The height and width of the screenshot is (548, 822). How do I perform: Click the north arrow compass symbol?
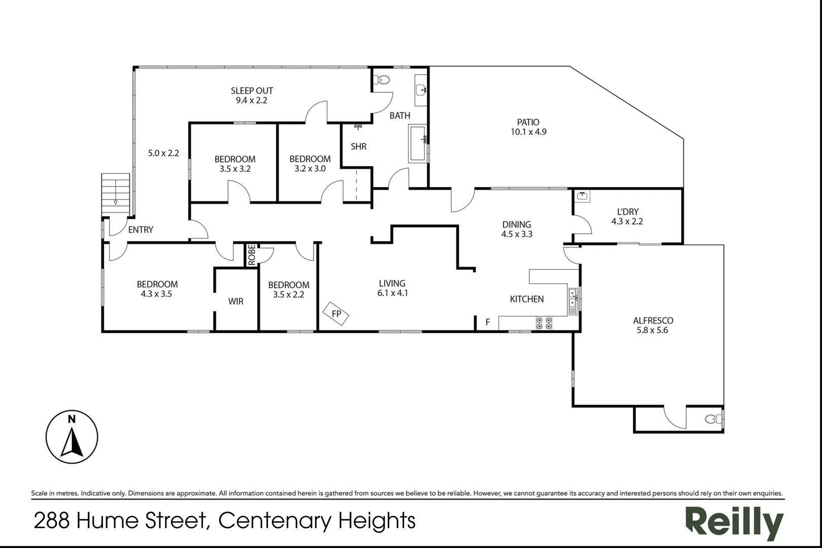[x=72, y=437]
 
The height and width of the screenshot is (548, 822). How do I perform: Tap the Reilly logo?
[x=735, y=524]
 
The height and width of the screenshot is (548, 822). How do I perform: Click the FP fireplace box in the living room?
[x=336, y=313]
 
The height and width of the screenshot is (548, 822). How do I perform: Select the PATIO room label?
[x=528, y=122]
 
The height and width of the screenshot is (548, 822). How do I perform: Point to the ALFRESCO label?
[x=653, y=321]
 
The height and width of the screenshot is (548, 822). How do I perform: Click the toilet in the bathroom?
[x=382, y=79]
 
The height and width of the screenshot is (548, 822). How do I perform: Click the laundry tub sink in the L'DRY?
[x=582, y=196]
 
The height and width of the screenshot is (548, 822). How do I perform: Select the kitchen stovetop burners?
[x=544, y=323]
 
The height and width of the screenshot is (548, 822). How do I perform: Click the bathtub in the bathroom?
[x=418, y=143]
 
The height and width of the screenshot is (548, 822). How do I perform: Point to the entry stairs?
[x=116, y=194]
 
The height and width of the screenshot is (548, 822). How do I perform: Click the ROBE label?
[x=252, y=255]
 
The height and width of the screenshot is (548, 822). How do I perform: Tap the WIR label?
[x=236, y=301]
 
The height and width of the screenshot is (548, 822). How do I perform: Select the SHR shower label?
[x=359, y=147]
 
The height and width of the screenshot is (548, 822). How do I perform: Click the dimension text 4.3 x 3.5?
[x=156, y=294]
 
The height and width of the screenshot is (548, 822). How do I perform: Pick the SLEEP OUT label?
[x=252, y=91]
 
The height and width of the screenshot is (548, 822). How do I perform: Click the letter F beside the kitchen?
[x=488, y=322]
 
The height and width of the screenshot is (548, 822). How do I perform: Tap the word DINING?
[x=517, y=224]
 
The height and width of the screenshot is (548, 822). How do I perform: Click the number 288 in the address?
[x=52, y=521]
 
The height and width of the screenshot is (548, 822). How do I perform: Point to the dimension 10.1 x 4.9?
[x=528, y=132]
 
